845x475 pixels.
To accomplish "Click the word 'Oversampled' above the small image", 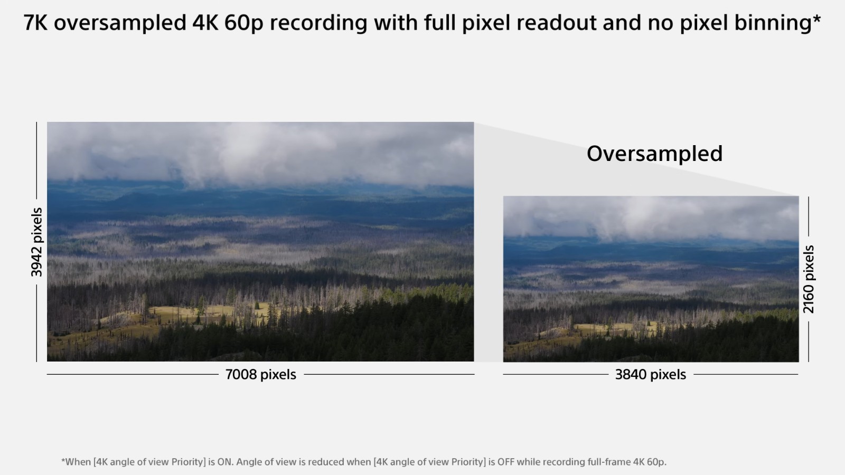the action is pos(654,154).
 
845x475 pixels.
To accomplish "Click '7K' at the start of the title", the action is pos(35,23).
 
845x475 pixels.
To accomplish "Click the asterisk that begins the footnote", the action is pos(63,460).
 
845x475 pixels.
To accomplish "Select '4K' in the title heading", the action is pos(205,23).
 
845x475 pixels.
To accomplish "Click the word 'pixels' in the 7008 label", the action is pos(278,375).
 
